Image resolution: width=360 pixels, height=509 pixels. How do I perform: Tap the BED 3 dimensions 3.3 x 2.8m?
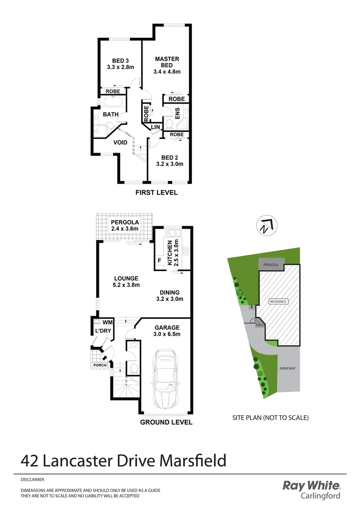click(x=120, y=67)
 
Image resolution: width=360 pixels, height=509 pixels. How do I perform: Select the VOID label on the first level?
click(x=121, y=142)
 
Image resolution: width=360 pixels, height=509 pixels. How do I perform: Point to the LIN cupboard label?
click(x=155, y=127)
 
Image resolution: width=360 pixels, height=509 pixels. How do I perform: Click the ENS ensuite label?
click(x=178, y=114)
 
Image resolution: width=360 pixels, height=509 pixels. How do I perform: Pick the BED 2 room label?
click(x=170, y=157)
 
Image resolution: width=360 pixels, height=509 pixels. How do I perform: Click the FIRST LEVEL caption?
click(x=156, y=193)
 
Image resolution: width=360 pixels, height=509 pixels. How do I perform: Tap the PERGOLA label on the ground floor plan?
click(x=124, y=222)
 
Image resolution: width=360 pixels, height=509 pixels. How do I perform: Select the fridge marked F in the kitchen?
click(x=159, y=261)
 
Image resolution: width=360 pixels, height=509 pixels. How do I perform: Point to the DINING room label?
click(x=169, y=292)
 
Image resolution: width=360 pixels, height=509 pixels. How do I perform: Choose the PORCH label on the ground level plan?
click(x=99, y=365)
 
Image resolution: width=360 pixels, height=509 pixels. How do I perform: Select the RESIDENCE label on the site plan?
click(x=278, y=302)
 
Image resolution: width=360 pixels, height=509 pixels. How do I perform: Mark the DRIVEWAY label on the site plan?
click(x=287, y=369)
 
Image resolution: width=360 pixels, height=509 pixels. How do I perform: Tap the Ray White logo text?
click(x=311, y=485)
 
